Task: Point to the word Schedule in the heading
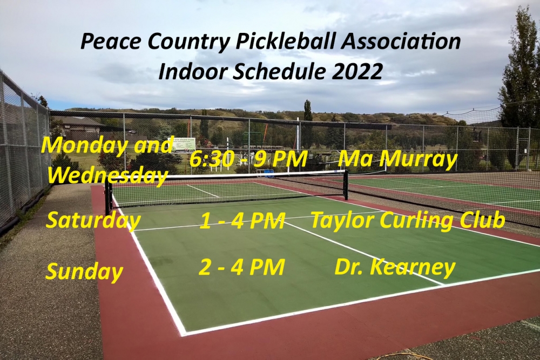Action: pyautogui.click(x=279, y=72)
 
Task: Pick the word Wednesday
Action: pyautogui.click(x=107, y=175)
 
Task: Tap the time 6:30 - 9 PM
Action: pyautogui.click(x=248, y=159)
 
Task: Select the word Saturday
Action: pyautogui.click(x=93, y=220)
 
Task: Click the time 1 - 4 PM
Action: pyautogui.click(x=242, y=221)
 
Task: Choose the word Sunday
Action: pyautogui.click(x=84, y=271)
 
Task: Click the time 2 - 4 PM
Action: pyautogui.click(x=241, y=267)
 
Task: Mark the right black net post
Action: pyautogui.click(x=346, y=184)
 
